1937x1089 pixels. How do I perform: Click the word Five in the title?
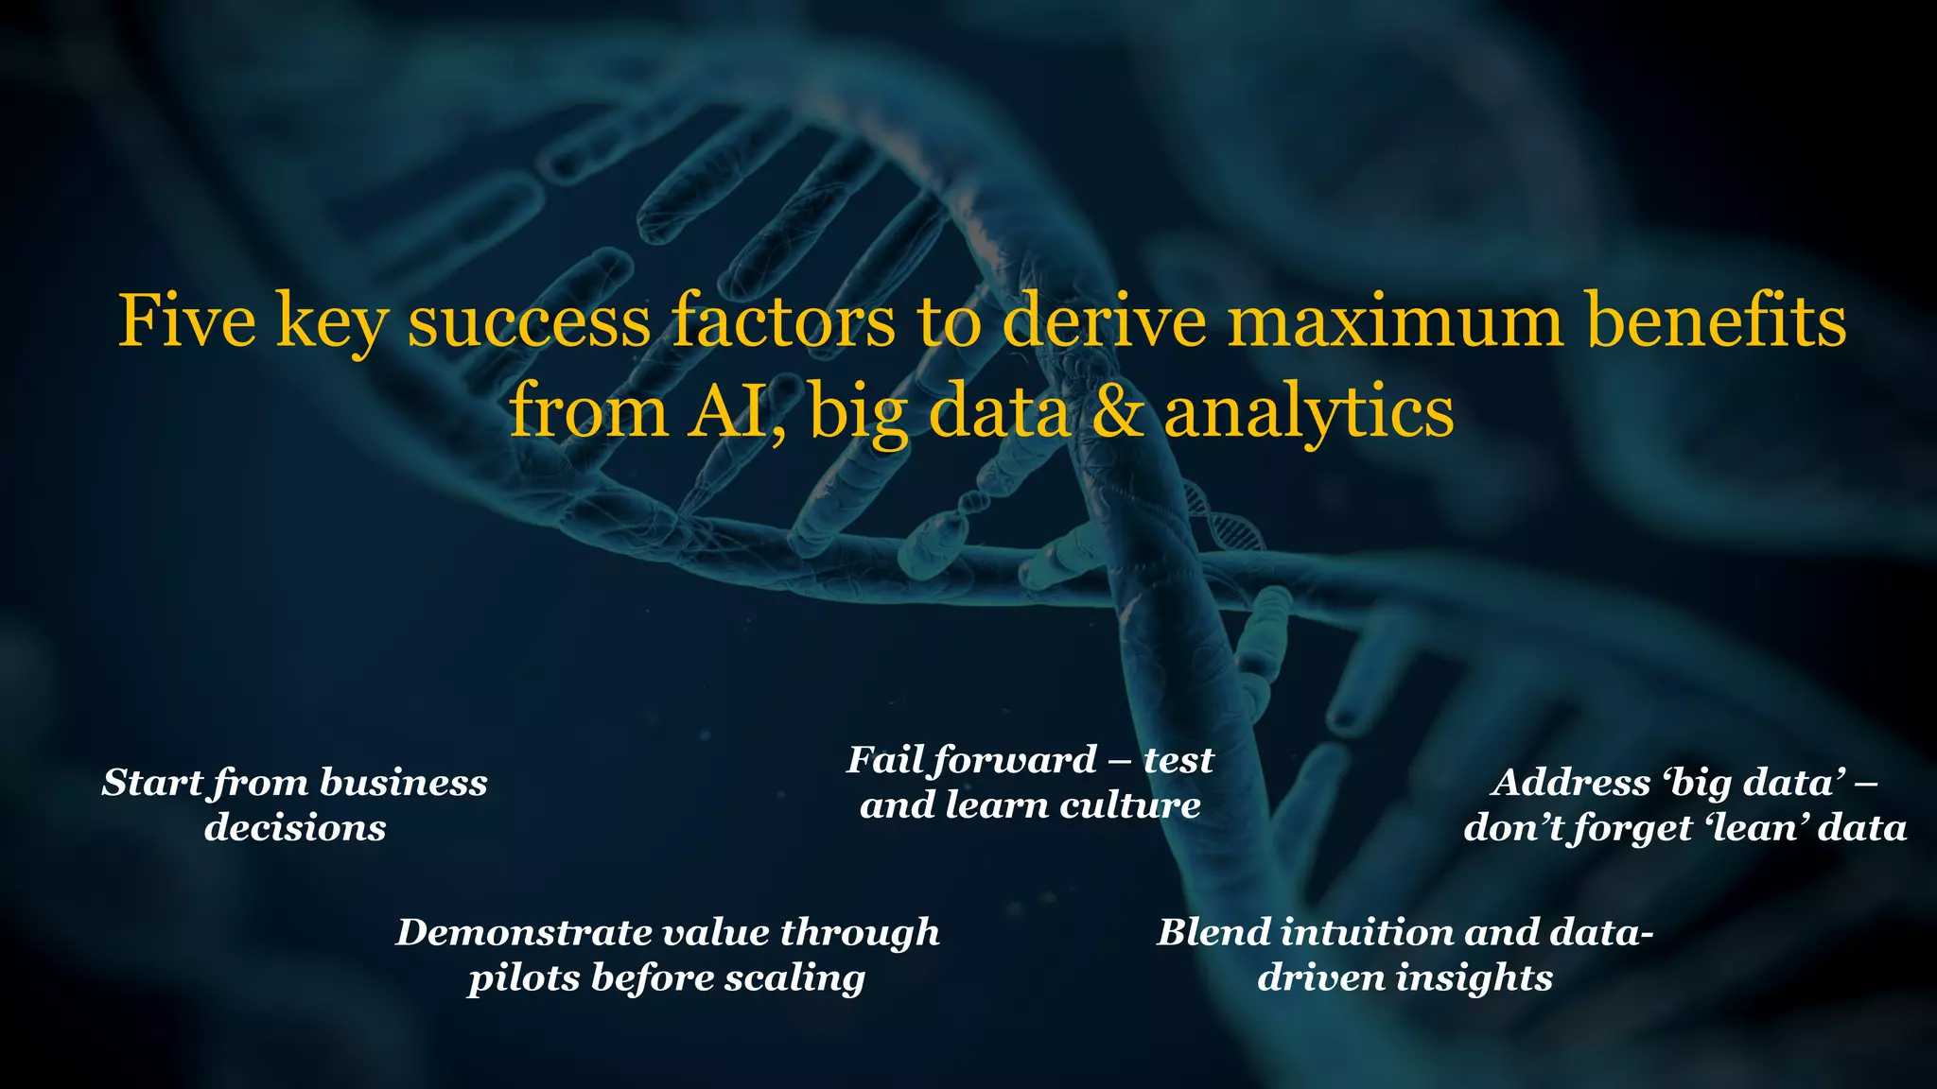coord(186,320)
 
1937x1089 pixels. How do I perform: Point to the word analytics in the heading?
coord(1309,413)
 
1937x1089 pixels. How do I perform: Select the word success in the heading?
coord(529,320)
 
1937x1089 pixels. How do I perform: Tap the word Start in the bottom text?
coord(151,783)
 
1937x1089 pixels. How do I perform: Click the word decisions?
coord(295,828)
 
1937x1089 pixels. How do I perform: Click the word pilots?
coord(522,978)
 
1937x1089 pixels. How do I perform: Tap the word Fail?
coord(885,759)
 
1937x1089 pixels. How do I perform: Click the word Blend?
coord(1212,932)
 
